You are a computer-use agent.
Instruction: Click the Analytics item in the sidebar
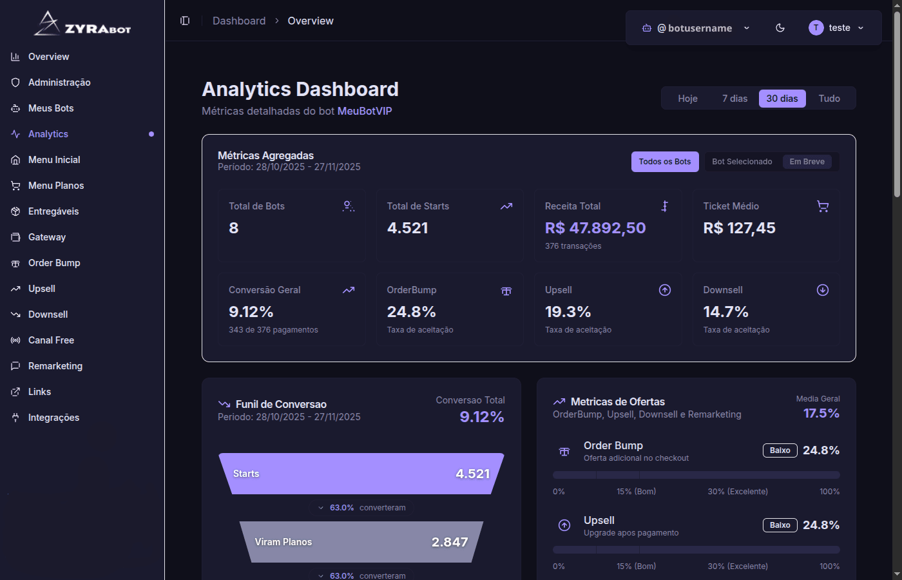[x=48, y=134]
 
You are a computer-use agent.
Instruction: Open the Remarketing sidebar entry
[x=55, y=366]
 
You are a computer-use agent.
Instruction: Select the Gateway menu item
[x=47, y=237]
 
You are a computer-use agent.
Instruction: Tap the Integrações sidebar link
[x=53, y=418]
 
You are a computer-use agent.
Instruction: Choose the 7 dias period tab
[x=734, y=99]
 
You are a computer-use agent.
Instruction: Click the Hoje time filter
[x=687, y=99]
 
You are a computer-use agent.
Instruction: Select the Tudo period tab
[x=829, y=99]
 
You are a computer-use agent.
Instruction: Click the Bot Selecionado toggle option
[x=742, y=162]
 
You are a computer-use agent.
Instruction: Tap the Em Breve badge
[x=807, y=162]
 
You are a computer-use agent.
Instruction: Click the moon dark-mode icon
[x=780, y=28]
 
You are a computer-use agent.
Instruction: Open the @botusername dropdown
[x=696, y=28]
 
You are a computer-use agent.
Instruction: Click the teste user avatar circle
[x=816, y=28]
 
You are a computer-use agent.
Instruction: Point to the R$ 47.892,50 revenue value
[x=595, y=228]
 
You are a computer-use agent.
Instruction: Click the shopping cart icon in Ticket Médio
[x=823, y=206]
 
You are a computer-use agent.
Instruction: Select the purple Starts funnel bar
[x=361, y=474]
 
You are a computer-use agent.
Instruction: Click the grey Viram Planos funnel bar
[x=361, y=542]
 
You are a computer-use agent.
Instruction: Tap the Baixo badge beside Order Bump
[x=780, y=450]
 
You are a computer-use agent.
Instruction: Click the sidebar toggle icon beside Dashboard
[x=185, y=21]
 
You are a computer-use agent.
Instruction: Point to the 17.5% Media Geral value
[x=821, y=413]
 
